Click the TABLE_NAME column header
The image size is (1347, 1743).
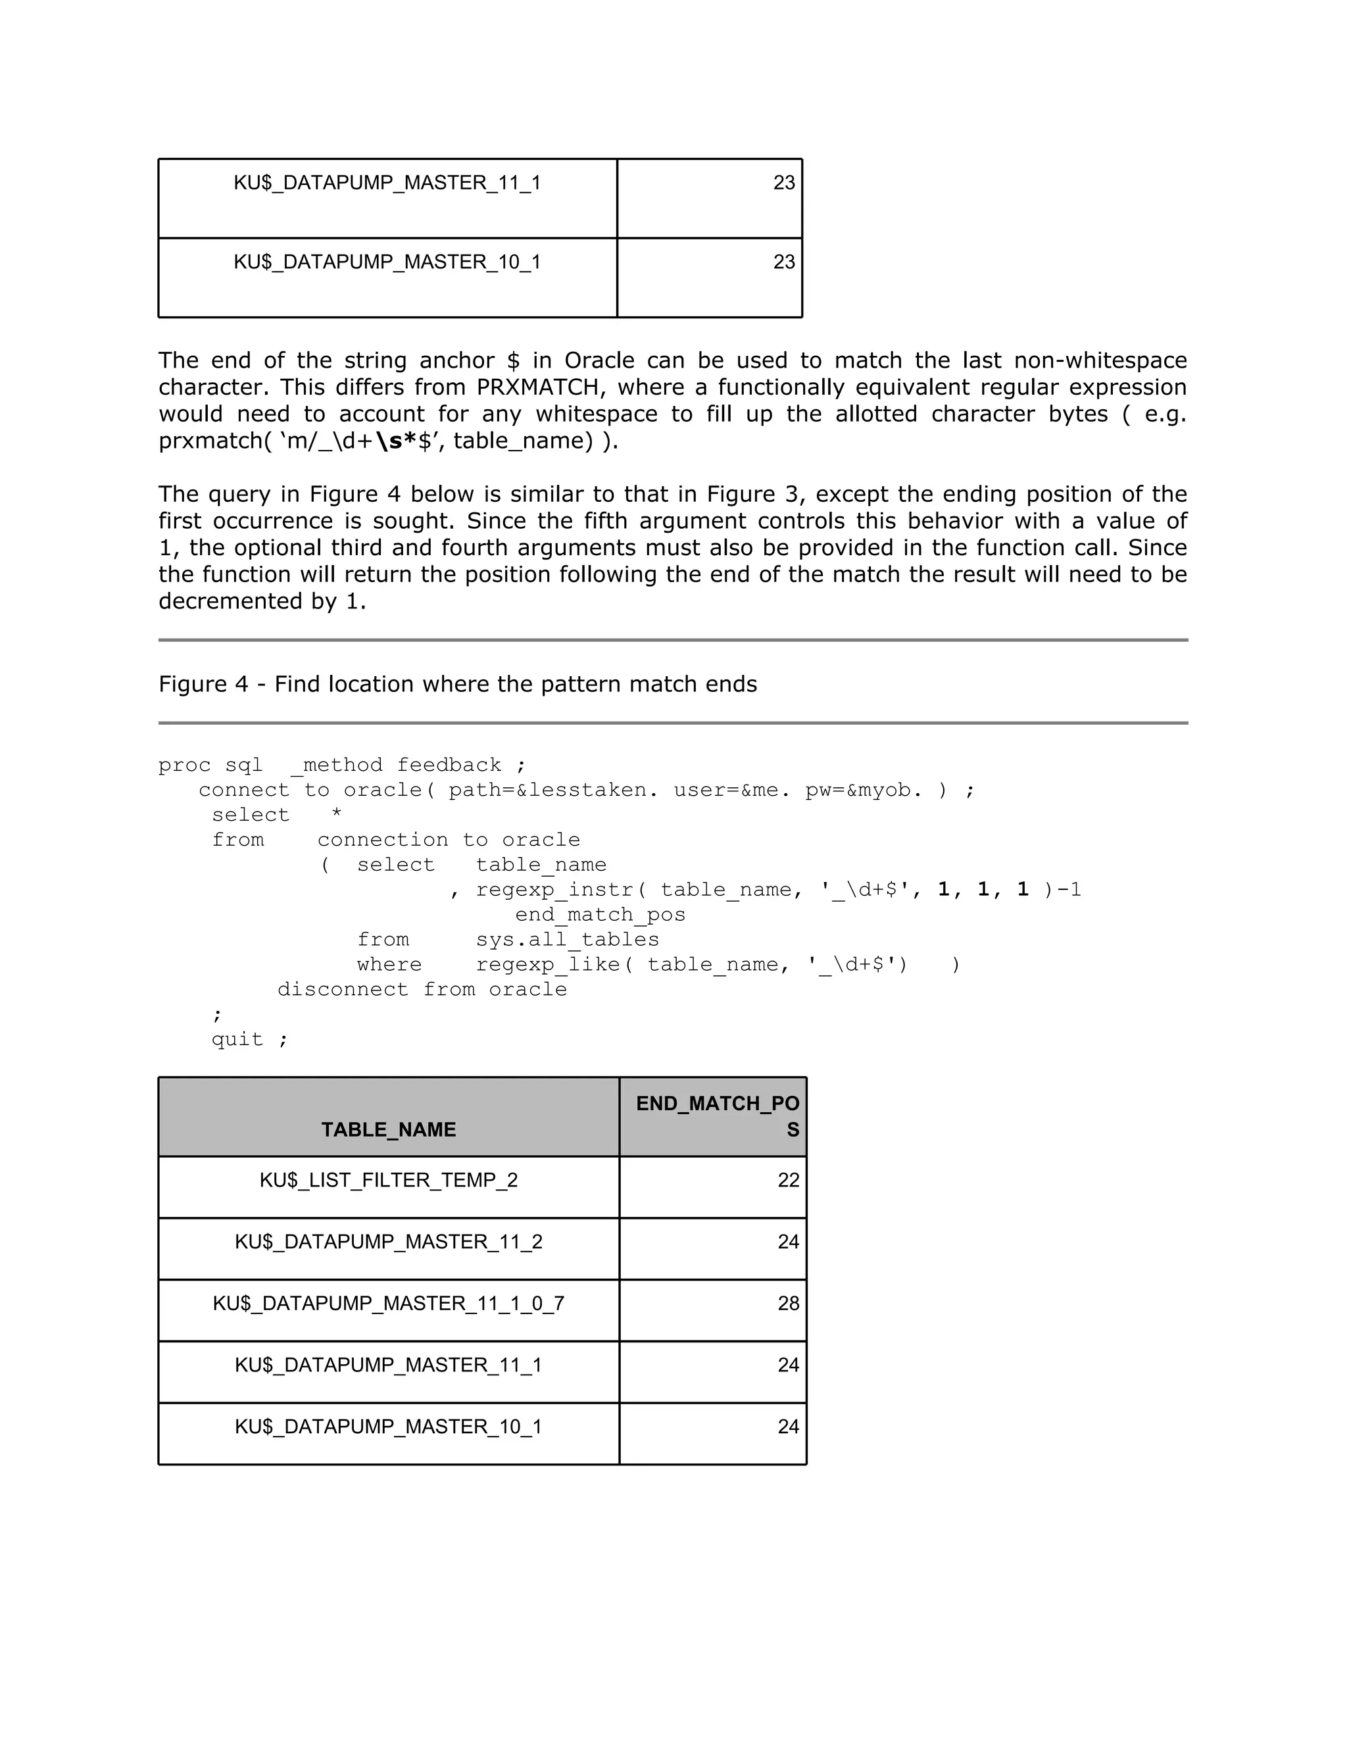click(x=389, y=1129)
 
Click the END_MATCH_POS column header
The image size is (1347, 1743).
click(x=717, y=1116)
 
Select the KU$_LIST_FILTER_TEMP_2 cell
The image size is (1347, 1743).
click(x=389, y=1181)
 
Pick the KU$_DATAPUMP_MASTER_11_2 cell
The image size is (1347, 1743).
click(x=389, y=1242)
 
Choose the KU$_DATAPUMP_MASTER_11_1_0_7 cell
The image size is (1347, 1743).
click(x=389, y=1303)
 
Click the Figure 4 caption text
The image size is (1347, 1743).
click(x=457, y=684)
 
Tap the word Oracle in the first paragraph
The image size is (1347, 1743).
click(x=599, y=360)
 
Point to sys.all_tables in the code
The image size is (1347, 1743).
click(x=568, y=940)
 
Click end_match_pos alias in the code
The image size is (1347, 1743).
click(x=600, y=915)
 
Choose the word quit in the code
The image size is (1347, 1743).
click(x=237, y=1039)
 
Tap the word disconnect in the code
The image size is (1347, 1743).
click(x=342, y=990)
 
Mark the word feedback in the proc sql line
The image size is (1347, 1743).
click(x=449, y=766)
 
